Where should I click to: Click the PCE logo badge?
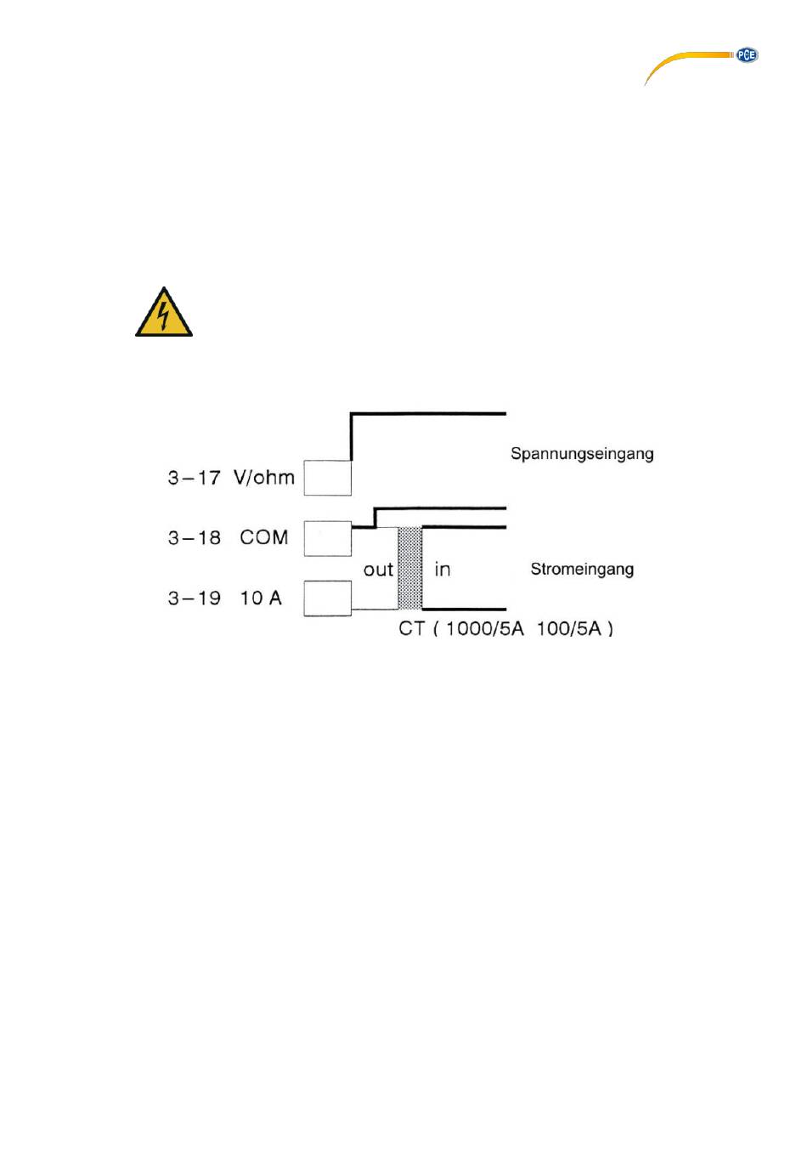[x=746, y=55]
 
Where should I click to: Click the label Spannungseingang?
[x=582, y=454]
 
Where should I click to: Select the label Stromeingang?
[x=582, y=570]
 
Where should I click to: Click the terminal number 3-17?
[x=195, y=478]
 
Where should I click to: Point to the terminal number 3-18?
[x=195, y=538]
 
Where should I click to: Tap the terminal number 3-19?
[x=195, y=598]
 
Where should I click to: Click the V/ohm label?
[x=264, y=478]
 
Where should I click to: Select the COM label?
[x=264, y=538]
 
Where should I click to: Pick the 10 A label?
[x=261, y=598]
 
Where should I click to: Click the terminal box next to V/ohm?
[x=328, y=478]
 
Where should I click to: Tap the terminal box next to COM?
[x=328, y=539]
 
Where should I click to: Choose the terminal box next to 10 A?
[x=328, y=598]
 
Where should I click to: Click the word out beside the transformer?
[x=378, y=570]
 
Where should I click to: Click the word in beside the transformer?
[x=443, y=570]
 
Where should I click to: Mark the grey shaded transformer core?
[x=410, y=568]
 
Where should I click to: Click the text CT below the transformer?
[x=412, y=629]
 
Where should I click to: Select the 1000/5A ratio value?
[x=485, y=629]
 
